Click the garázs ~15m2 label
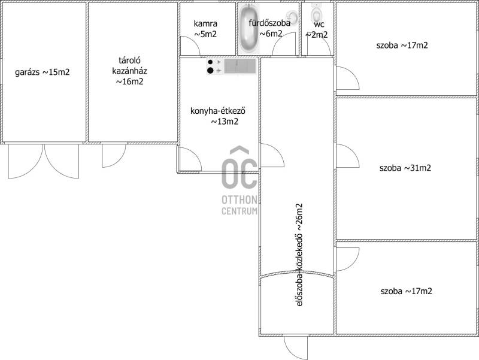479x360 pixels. point(43,72)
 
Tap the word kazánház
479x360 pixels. point(129,71)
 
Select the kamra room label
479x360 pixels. point(205,23)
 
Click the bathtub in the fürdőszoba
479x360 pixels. point(248,29)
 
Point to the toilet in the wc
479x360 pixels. point(316,13)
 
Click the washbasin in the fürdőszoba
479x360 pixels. point(292,16)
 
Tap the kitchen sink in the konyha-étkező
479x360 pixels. point(240,66)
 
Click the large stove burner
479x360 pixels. point(210,71)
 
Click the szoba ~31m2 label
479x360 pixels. point(405,168)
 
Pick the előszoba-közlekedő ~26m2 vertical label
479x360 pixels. point(299,255)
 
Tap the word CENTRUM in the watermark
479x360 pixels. point(239,211)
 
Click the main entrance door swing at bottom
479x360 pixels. point(295,347)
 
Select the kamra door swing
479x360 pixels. point(190,46)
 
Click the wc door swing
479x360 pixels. point(319,46)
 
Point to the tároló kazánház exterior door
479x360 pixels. point(114,155)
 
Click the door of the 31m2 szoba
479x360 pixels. point(347,156)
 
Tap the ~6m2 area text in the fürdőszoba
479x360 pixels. point(271,34)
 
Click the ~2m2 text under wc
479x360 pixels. point(317,35)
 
